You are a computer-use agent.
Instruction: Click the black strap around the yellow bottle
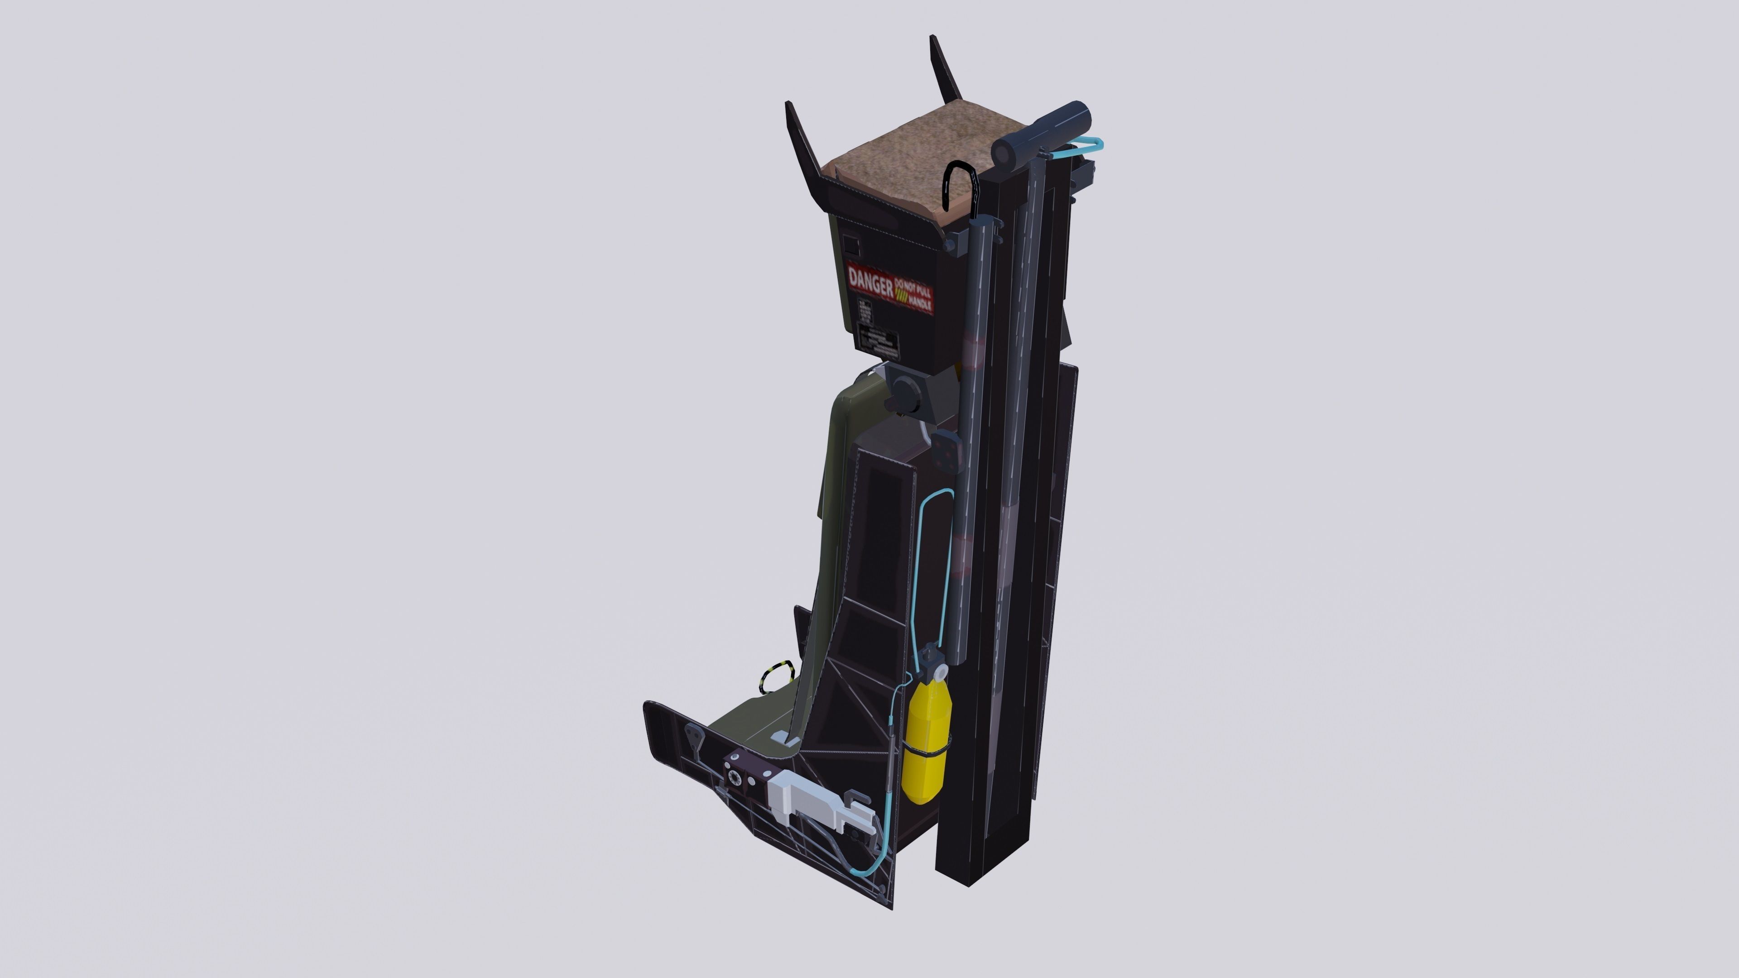[x=928, y=751]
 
